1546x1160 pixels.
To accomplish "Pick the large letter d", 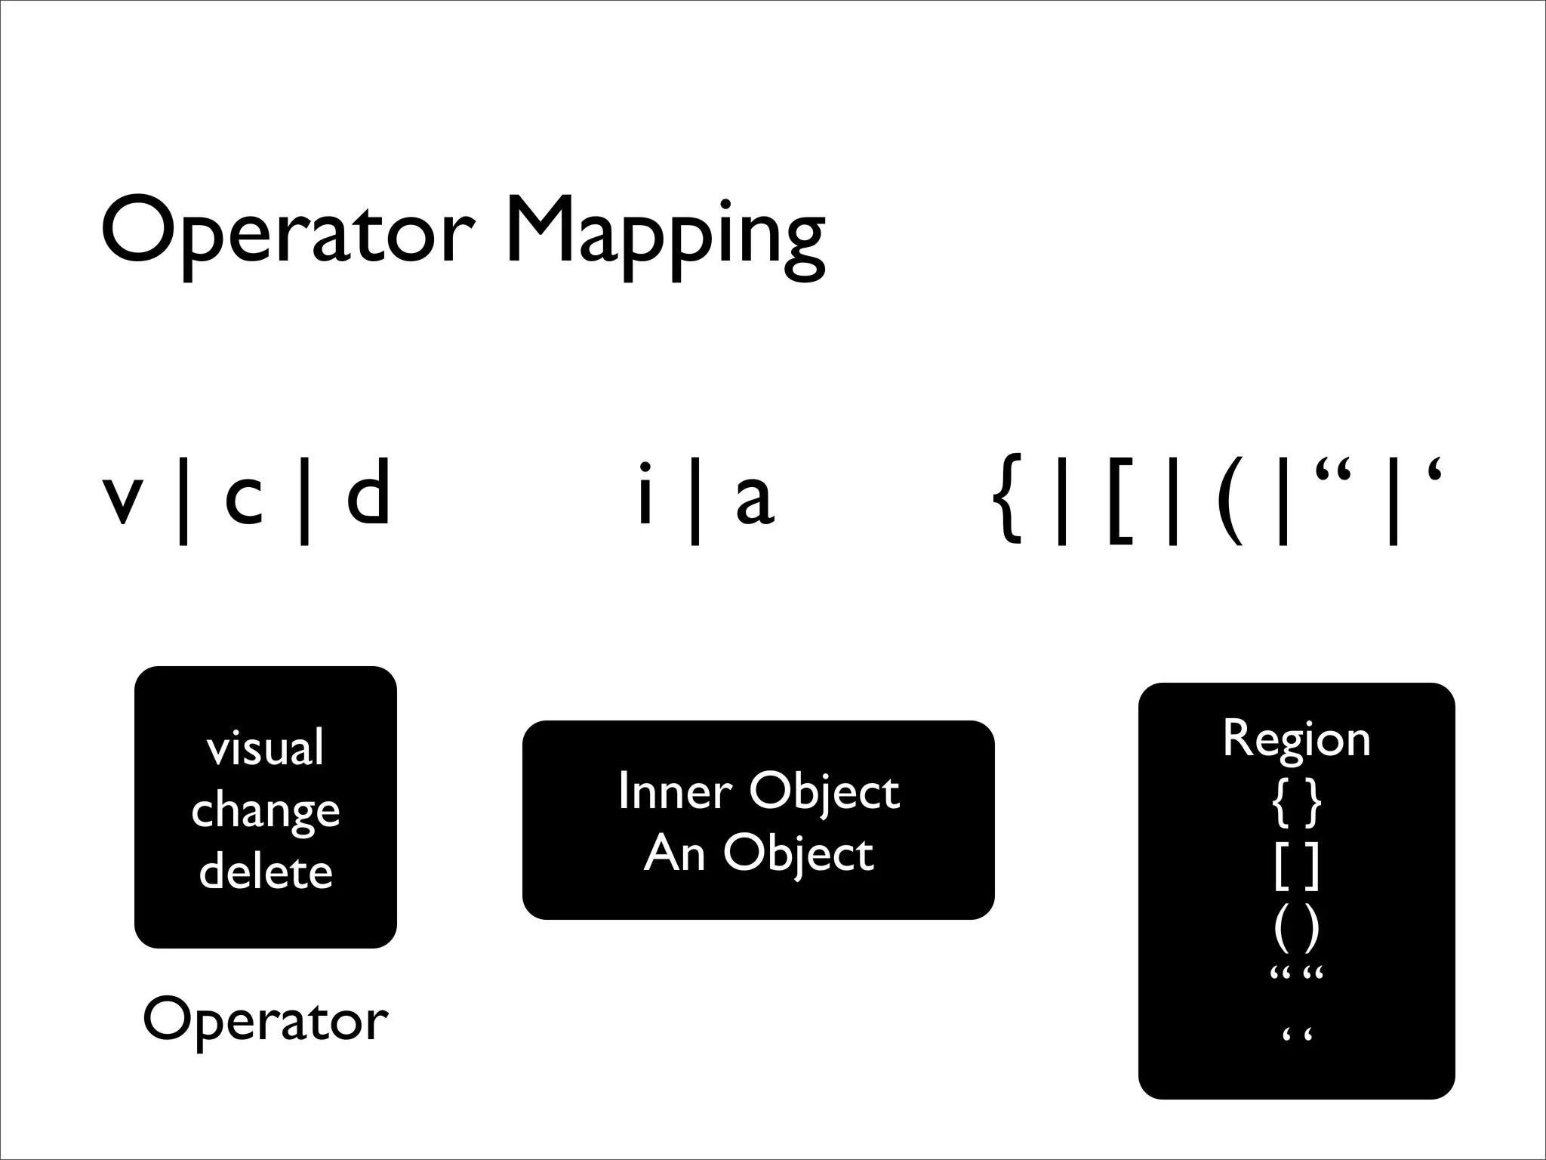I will [368, 493].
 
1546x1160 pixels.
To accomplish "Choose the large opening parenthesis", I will [1229, 498].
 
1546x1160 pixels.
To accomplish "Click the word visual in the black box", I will [265, 748].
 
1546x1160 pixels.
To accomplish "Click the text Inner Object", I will [759, 791].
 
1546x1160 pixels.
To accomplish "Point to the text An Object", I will [759, 853].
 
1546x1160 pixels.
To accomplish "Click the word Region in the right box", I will [1296, 738].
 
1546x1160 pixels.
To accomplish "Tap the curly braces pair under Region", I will [1296, 803].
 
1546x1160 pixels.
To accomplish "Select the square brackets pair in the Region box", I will [1296, 866].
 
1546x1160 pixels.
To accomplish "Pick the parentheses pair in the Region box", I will [1296, 929].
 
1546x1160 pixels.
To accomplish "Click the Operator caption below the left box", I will [265, 1020].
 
